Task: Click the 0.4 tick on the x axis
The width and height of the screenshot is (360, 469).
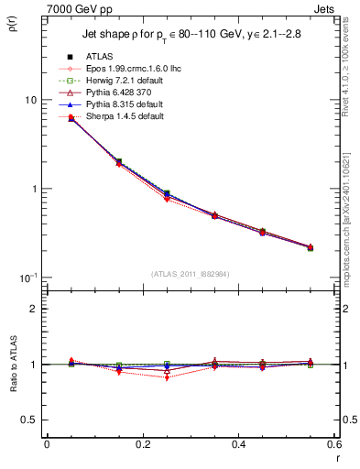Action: click(x=238, y=444)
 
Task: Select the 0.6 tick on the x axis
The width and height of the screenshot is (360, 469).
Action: click(x=333, y=444)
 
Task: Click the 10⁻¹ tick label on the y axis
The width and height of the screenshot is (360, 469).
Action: click(x=27, y=278)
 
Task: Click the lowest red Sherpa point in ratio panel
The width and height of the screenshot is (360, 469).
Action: click(x=167, y=377)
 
